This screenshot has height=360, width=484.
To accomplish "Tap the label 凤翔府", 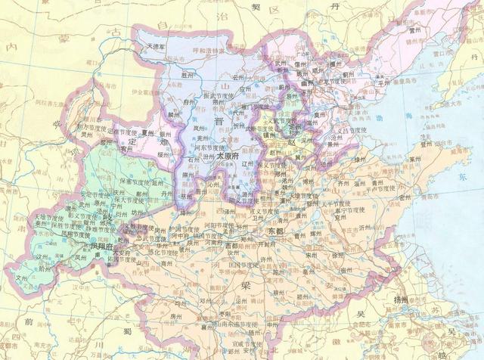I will click(101, 247).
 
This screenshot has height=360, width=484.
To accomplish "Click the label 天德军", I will click(156, 46).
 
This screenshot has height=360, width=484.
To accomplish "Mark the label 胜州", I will click(188, 75).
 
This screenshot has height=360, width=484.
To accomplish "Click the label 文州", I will click(20, 278).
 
